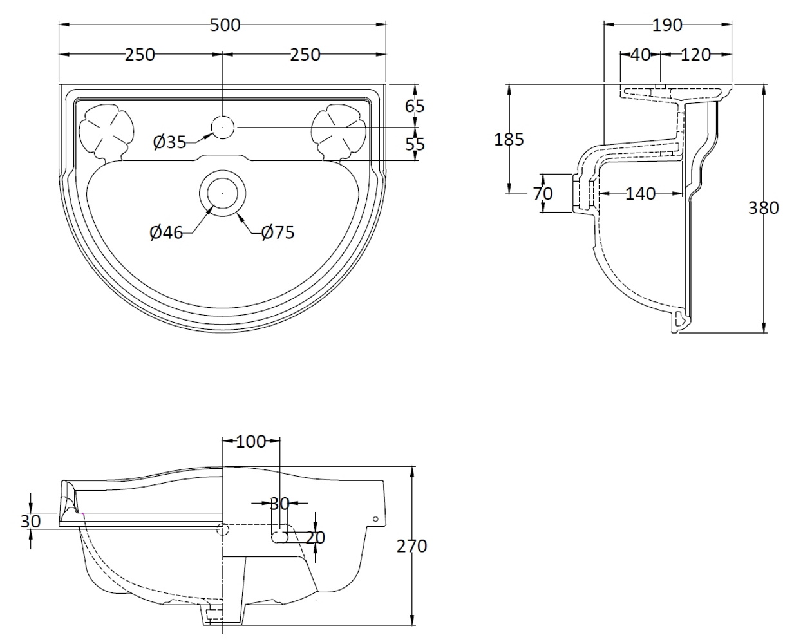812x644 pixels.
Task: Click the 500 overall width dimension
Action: click(225, 25)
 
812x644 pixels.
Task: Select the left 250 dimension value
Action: click(140, 55)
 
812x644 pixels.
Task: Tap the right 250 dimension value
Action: click(305, 55)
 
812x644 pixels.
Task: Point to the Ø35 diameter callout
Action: click(169, 141)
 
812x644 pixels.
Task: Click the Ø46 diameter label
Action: click(166, 232)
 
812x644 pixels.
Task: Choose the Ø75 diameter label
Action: click(278, 232)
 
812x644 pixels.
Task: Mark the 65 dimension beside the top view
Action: click(415, 106)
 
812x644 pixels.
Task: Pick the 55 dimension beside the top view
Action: click(415, 144)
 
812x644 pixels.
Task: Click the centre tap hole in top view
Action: click(222, 128)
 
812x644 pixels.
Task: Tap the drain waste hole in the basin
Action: click(222, 192)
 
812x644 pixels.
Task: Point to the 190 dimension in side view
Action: click(667, 25)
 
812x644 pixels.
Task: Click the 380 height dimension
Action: click(764, 207)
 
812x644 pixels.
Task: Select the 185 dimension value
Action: click(509, 138)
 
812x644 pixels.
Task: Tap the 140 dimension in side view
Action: click(640, 193)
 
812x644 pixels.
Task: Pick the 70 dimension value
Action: click(543, 193)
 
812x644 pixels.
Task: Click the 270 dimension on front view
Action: click(412, 546)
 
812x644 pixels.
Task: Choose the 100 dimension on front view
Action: click(251, 441)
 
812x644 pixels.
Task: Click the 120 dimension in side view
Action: click(695, 55)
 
